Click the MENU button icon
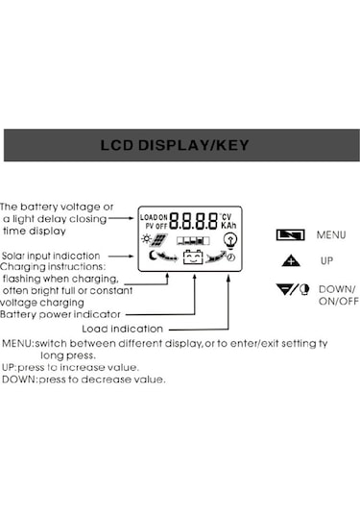tap(290, 234)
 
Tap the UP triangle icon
tap(291, 260)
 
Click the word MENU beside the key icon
tap(329, 234)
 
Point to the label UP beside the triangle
tap(327, 260)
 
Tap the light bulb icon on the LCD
tap(228, 240)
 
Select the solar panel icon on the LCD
tap(158, 240)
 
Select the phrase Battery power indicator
tap(60, 313)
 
